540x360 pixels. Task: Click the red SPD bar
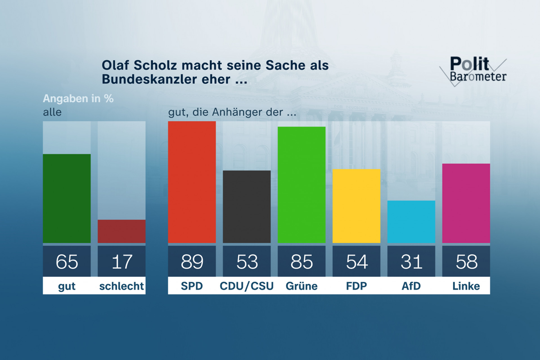(192, 182)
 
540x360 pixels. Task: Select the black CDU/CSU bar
(247, 206)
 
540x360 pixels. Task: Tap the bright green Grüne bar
(301, 184)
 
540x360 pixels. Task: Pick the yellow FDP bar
(356, 206)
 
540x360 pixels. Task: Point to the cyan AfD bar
(411, 222)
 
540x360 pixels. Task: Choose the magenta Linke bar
(466, 203)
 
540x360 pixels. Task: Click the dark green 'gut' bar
(67, 198)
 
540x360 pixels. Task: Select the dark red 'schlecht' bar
(121, 231)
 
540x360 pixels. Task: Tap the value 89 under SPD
(192, 262)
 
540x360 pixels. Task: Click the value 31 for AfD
(411, 262)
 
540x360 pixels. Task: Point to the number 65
(67, 262)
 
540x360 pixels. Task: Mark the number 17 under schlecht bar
(121, 262)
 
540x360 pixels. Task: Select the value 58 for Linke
(466, 262)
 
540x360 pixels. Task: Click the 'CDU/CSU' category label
(247, 286)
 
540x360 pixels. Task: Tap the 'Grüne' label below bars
(301, 286)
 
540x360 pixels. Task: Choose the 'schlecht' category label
(121, 286)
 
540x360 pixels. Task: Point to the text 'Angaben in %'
(78, 98)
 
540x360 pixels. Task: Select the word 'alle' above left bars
(52, 112)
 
